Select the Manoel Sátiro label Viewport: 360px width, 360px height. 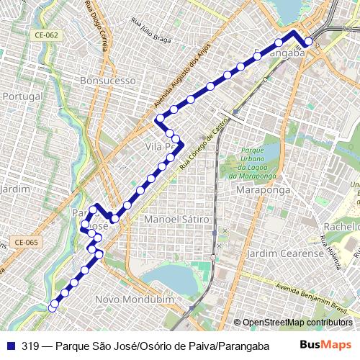coord(176,218)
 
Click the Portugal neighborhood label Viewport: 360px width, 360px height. coord(24,96)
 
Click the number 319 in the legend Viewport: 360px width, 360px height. coord(30,344)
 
